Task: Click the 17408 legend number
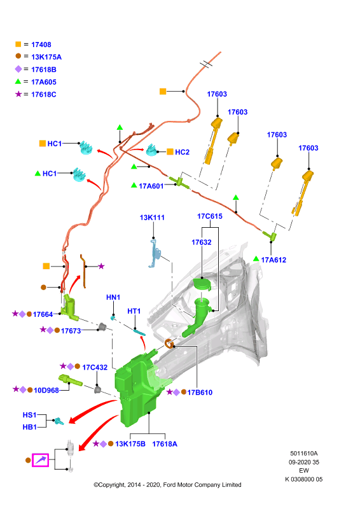tap(41, 45)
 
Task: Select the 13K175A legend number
tap(46, 57)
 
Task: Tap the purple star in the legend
tap(18, 94)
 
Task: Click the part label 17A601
tap(151, 186)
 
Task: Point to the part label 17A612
tap(273, 260)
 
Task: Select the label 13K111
tap(152, 218)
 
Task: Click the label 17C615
tap(210, 216)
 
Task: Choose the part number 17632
tap(201, 242)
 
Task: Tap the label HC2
tap(182, 152)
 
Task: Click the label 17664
tap(43, 314)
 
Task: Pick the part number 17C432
tap(95, 367)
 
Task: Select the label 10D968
tap(46, 390)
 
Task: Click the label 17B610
tap(200, 393)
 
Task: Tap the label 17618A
tap(165, 443)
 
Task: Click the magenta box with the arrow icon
tap(40, 460)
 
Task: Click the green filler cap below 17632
tap(202, 283)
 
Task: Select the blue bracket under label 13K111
tap(155, 253)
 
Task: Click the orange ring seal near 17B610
tap(169, 343)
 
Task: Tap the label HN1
tap(113, 297)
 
